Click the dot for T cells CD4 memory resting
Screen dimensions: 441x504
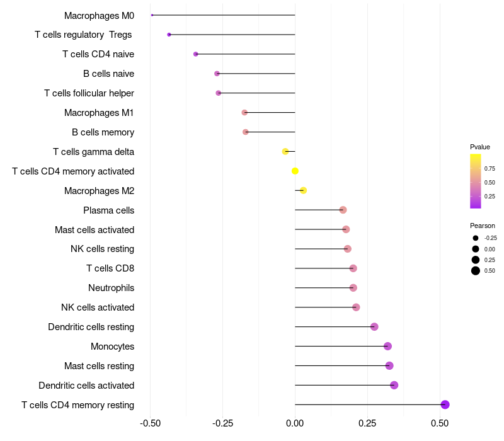pos(445,404)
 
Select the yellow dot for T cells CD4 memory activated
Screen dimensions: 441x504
pos(295,171)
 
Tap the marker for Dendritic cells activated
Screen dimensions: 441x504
pos(394,385)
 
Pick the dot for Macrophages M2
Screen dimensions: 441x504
pos(303,190)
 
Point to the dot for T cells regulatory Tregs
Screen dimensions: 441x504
pos(169,35)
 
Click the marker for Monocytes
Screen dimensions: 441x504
pos(387,346)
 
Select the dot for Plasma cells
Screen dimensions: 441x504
pos(343,210)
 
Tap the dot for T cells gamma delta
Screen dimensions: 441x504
pos(285,151)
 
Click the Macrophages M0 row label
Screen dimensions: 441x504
pos(99,15)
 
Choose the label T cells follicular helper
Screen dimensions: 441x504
pos(89,93)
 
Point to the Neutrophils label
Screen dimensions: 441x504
pos(111,288)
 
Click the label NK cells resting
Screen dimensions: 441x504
pos(102,249)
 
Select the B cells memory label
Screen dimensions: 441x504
pos(103,132)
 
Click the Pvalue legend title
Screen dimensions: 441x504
pos(479,147)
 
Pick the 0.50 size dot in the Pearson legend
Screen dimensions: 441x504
pos(476,271)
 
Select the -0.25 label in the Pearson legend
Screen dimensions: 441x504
pos(490,238)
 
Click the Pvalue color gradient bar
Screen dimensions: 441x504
pos(476,181)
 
